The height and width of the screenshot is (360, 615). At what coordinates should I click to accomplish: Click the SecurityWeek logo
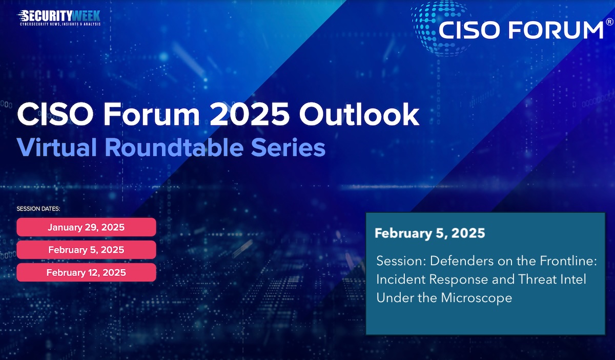click(59, 18)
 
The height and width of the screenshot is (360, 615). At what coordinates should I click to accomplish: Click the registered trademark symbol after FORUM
click(609, 22)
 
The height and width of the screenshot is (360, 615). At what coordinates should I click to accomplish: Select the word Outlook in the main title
click(359, 114)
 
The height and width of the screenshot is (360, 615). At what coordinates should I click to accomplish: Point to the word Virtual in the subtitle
click(56, 147)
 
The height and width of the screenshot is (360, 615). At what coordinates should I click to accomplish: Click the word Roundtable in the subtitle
click(174, 147)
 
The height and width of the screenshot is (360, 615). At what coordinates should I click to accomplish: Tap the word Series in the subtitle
click(288, 147)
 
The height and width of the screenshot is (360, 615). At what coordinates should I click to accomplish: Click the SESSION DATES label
click(38, 209)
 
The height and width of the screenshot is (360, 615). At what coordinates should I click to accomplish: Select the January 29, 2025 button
click(86, 227)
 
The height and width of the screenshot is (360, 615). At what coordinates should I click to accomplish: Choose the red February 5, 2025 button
click(86, 250)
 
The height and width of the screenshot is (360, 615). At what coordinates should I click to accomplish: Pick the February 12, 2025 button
click(86, 272)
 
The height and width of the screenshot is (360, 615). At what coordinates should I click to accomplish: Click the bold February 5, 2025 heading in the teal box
click(429, 233)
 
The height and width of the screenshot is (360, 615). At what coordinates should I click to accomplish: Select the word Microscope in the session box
click(476, 298)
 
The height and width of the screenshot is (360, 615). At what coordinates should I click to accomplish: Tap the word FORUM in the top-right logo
click(556, 30)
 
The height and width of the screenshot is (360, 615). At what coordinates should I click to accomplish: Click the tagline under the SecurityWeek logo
click(60, 24)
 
